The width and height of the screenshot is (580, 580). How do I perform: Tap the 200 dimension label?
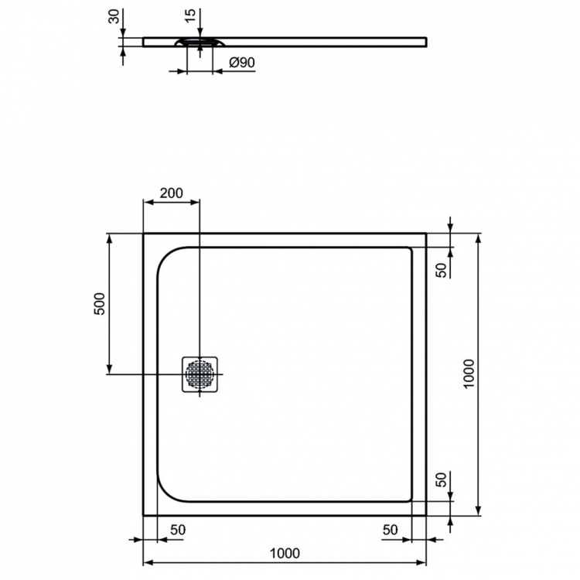[x=171, y=193]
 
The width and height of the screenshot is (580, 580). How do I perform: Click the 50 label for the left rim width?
[x=177, y=530]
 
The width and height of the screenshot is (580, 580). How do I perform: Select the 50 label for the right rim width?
[x=391, y=530]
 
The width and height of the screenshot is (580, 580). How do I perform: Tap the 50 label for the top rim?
[x=442, y=269]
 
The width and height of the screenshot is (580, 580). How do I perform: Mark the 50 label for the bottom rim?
[x=442, y=479]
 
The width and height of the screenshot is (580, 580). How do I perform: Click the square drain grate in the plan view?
[x=202, y=375]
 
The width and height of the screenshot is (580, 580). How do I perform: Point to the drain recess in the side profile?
[x=199, y=43]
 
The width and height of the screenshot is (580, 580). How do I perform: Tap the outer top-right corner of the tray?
[x=426, y=233]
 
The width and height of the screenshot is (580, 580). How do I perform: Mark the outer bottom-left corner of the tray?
[x=144, y=515]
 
